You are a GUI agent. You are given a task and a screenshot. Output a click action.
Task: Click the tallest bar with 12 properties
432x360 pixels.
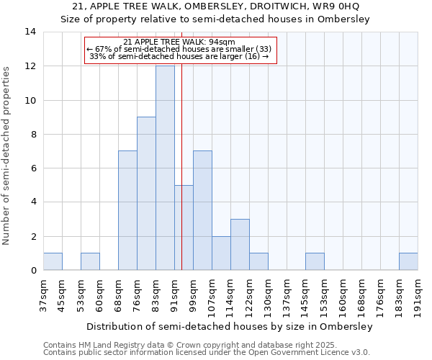pos(165,168)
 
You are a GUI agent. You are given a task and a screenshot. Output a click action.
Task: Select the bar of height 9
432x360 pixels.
pos(146,194)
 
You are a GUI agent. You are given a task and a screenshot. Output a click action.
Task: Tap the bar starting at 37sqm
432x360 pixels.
pos(53,262)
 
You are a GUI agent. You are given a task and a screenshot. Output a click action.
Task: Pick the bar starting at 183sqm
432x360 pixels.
pos(408,262)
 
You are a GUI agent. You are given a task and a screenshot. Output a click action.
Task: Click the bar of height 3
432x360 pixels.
pos(240,245)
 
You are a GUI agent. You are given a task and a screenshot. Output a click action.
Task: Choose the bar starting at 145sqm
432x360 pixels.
pos(315,262)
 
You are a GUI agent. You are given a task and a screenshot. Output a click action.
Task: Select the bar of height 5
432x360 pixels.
pos(184,228)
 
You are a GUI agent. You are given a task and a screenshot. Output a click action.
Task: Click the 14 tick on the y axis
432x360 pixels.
pos(30,32)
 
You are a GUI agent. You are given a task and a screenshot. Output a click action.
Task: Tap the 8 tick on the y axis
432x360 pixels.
pos(33,134)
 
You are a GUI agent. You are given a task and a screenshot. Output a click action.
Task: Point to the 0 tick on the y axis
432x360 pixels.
pos(33,271)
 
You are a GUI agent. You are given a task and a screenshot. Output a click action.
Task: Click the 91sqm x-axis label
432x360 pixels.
pos(174,295)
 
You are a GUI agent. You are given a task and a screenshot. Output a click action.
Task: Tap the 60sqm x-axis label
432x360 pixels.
pos(99,295)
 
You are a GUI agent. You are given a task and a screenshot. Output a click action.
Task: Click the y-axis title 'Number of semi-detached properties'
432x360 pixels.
pos(7,156)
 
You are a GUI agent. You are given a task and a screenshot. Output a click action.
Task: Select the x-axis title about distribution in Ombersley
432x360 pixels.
pos(230,326)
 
